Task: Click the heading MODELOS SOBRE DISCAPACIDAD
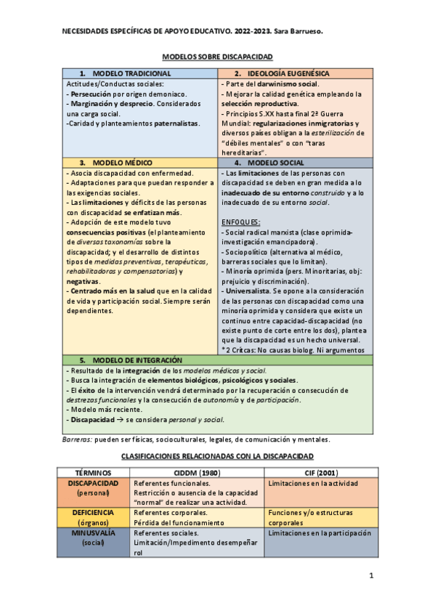pos(217,56)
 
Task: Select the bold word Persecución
pos(90,94)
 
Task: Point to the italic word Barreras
pos(76,439)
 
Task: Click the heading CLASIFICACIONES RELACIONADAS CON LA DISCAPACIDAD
pos(217,456)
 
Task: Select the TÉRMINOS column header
pos(93,472)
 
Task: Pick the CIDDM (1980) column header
pos(198,472)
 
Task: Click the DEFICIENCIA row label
pos(93,512)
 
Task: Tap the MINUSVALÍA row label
pos(93,532)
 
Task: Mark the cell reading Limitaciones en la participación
pos(320,532)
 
